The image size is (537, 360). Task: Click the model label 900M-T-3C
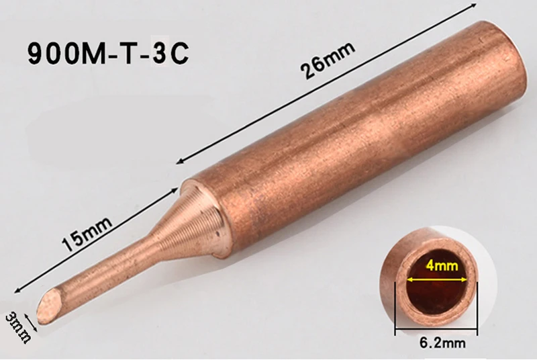click(108, 54)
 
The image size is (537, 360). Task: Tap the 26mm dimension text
click(328, 61)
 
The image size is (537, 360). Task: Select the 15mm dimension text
click(87, 234)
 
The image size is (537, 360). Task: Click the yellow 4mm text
click(442, 265)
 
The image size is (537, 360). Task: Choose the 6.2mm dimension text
click(442, 342)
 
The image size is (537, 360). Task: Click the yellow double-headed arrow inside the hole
click(437, 279)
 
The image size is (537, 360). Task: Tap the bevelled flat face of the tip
click(50, 304)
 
